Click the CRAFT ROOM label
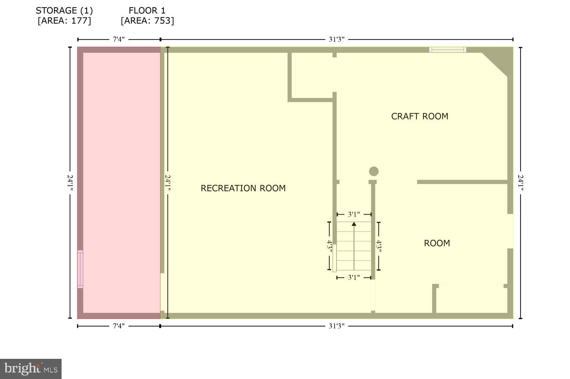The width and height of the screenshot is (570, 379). (x=420, y=116)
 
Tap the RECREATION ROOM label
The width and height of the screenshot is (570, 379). (x=243, y=188)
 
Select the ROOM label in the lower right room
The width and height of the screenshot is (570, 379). (x=437, y=243)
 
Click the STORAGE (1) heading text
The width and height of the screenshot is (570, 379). (x=64, y=10)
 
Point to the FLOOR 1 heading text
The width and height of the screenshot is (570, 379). (x=147, y=10)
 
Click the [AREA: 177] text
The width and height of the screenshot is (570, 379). (x=64, y=21)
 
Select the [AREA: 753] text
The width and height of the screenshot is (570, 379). (x=147, y=21)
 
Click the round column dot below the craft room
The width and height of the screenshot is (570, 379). (x=374, y=171)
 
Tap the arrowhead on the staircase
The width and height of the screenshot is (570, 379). (x=354, y=224)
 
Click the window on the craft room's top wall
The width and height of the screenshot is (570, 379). (x=448, y=49)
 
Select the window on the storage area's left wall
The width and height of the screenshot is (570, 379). (x=80, y=269)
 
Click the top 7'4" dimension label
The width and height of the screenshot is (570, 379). (x=119, y=39)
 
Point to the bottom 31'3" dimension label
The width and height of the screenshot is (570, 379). (x=337, y=326)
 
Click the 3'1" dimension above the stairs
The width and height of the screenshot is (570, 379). (x=354, y=215)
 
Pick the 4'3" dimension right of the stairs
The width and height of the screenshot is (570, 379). (x=379, y=246)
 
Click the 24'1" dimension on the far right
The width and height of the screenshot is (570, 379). (x=521, y=183)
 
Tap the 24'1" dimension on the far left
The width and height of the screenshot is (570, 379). (x=70, y=183)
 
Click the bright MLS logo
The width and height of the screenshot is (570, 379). (x=31, y=369)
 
